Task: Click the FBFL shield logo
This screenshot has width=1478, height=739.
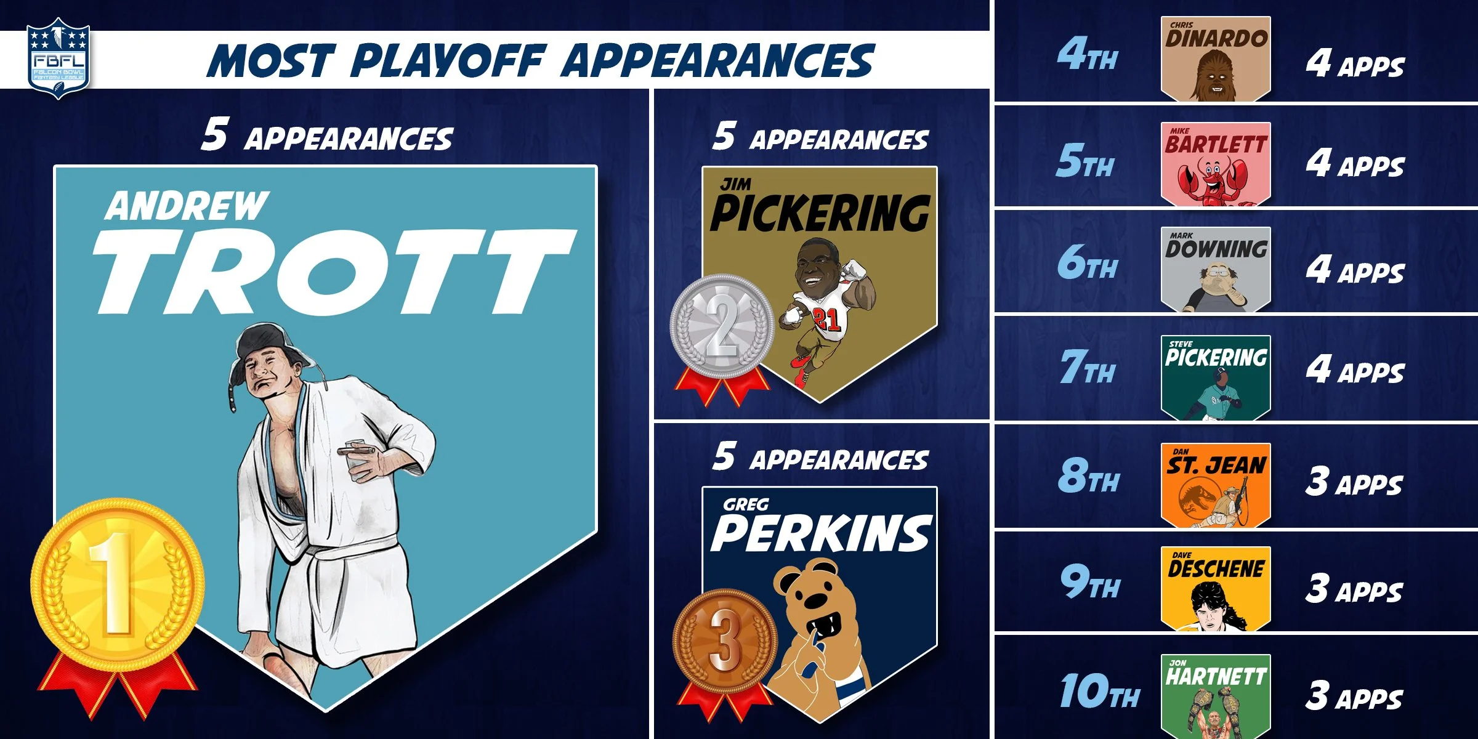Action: tap(59, 59)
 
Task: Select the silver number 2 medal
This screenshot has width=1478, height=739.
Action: tap(722, 326)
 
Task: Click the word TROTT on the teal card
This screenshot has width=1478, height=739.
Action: tap(333, 271)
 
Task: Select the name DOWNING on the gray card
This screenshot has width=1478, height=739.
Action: tap(1216, 249)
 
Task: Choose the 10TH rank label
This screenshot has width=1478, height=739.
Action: tap(1099, 691)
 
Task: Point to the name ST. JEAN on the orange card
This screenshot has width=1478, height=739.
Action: tap(1216, 465)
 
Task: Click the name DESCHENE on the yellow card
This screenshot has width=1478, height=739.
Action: tap(1216, 569)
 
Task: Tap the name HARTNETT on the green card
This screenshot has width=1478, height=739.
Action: tap(1216, 677)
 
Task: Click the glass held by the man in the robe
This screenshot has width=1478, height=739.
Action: tap(357, 459)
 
